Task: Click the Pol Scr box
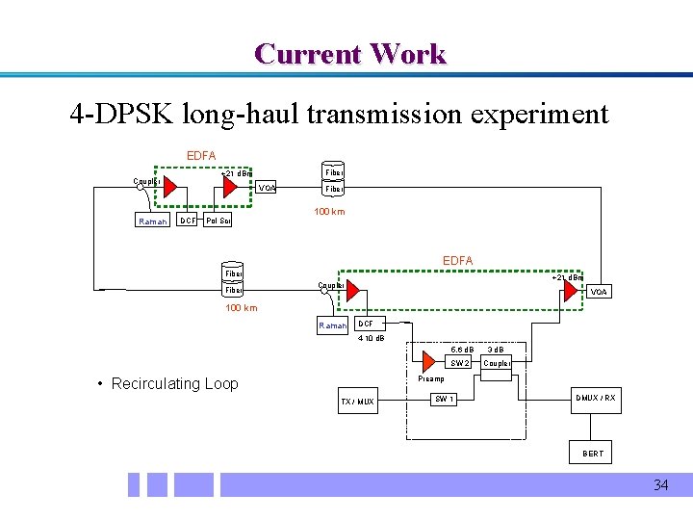tap(218, 221)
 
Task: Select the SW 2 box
tap(460, 363)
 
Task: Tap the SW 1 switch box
tap(445, 399)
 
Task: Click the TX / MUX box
tap(358, 401)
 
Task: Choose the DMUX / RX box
tap(595, 399)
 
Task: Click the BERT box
tap(593, 453)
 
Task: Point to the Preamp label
tap(432, 379)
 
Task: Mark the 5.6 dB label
tap(463, 349)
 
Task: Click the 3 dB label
tap(496, 349)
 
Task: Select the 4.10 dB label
tap(371, 338)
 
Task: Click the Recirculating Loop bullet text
tap(174, 383)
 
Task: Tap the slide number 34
tap(660, 484)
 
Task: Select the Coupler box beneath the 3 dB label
tap(497, 363)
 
